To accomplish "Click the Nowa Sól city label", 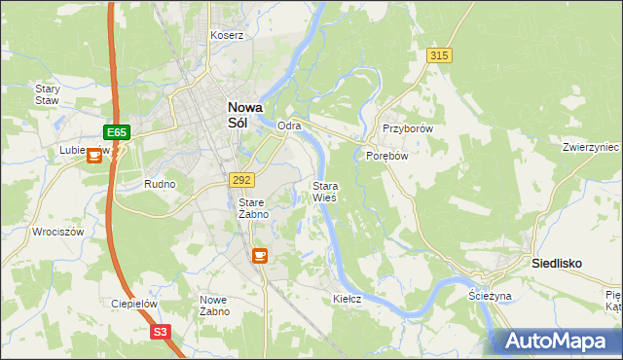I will (242, 116).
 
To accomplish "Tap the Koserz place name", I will (227, 35).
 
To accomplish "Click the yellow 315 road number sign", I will (439, 56).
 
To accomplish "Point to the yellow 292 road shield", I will (241, 180).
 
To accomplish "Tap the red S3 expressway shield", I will (162, 332).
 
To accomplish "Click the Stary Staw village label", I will (48, 93).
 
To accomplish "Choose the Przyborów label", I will (407, 128).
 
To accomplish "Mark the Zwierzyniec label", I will (591, 147).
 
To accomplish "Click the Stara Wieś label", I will (324, 191).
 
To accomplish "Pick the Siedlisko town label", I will (557, 263).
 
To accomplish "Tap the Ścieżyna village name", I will (490, 295).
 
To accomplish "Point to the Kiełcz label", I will (348, 299).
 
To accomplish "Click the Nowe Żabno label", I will (214, 306).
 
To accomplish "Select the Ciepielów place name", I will (133, 304).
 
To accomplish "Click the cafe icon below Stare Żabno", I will (260, 255).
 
